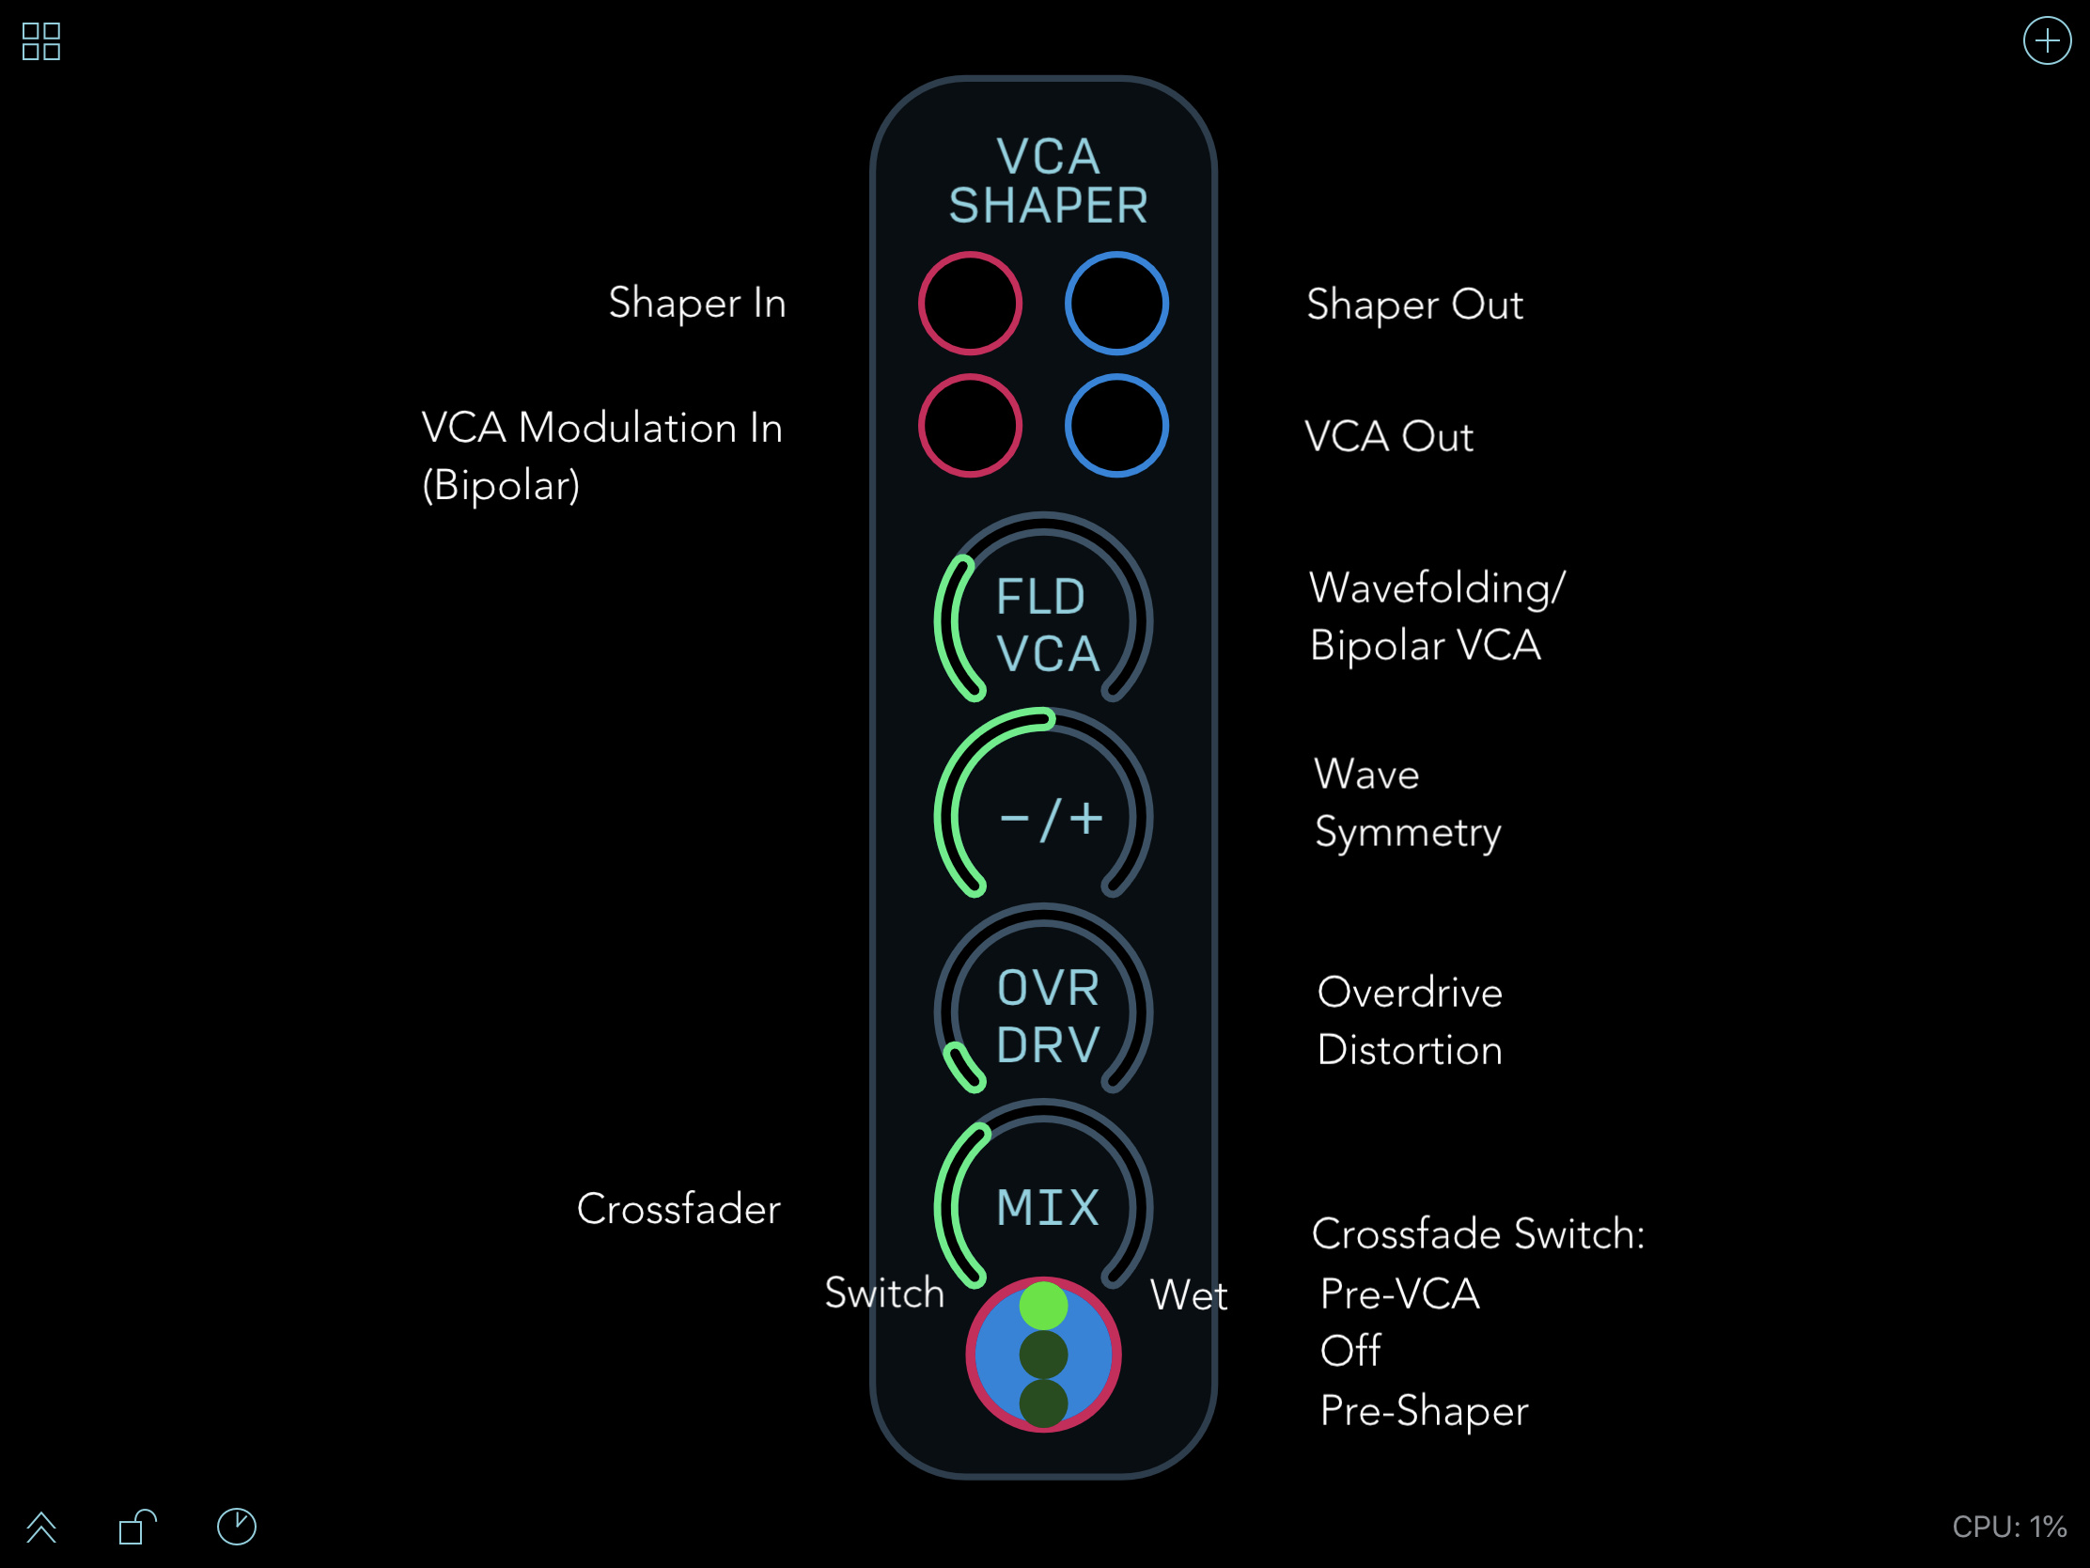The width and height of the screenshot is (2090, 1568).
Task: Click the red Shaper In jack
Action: (971, 304)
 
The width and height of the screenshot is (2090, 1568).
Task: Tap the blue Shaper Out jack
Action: (1116, 304)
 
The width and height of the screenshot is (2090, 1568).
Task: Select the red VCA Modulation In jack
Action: (971, 426)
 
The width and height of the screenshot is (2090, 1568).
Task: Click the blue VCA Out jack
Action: (1116, 426)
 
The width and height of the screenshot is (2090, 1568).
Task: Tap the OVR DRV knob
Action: (1043, 1012)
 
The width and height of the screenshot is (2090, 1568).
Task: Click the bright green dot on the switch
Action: (1043, 1306)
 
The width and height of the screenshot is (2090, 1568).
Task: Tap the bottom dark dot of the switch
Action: (1043, 1403)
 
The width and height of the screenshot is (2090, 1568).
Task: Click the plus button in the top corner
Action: (2047, 40)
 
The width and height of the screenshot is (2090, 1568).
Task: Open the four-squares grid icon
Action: (41, 41)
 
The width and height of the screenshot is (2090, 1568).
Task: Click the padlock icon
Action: (137, 1527)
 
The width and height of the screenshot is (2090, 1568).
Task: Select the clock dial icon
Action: (236, 1527)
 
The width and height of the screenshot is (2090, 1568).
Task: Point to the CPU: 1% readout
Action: (2010, 1527)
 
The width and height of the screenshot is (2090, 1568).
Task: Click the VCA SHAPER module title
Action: (1048, 180)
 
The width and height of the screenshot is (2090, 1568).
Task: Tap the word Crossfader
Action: (678, 1209)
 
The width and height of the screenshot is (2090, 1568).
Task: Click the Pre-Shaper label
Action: (1424, 1411)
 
